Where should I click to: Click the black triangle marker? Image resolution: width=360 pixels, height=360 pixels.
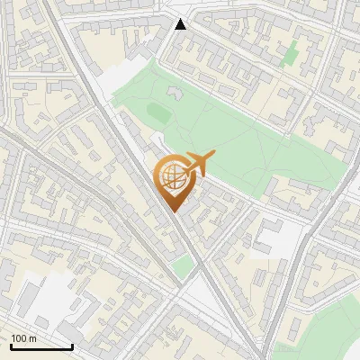click(x=181, y=24)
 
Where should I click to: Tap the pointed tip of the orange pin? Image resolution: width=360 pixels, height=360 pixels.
click(x=173, y=211)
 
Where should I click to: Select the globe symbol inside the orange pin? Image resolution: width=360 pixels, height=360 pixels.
click(x=172, y=177)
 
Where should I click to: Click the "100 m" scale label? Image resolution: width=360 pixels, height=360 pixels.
click(x=22, y=338)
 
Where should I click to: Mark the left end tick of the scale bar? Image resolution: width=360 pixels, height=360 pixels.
click(x=11, y=345)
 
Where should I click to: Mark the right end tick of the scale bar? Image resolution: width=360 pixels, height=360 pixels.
click(x=72, y=345)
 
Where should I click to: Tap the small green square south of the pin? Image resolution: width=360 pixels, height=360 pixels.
click(x=184, y=265)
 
